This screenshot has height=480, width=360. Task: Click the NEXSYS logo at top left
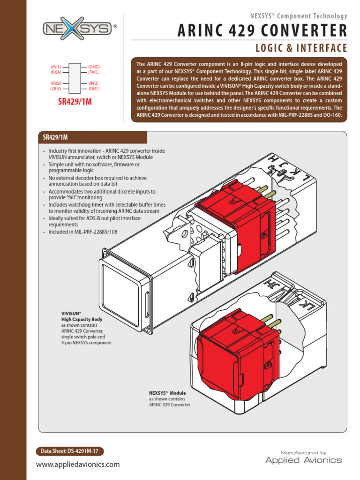pos(77,29)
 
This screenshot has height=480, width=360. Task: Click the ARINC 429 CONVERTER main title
pos(262,31)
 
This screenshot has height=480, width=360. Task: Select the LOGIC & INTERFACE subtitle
pos(301,48)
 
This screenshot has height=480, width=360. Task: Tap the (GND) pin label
pos(94,67)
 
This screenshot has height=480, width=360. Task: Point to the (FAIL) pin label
pos(93,72)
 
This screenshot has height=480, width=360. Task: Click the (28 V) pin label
pos(56,89)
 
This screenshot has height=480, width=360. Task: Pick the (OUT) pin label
pos(94,89)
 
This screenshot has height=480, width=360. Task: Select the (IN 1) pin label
pos(56,67)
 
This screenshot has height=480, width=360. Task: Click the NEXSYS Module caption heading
pos(167,393)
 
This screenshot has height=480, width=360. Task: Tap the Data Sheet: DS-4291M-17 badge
pos(70,451)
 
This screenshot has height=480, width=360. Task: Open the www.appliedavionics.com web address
pos(78,465)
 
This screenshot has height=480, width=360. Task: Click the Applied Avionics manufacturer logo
pos(303,458)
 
